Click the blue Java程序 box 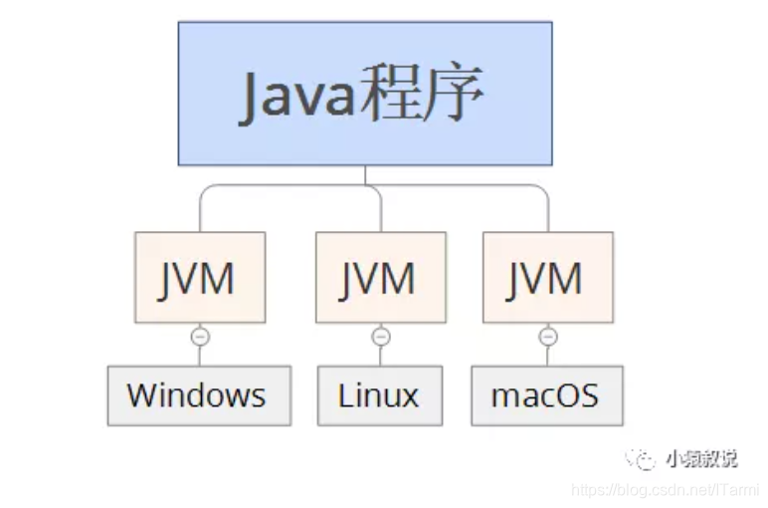point(365,93)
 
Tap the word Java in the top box point(296,96)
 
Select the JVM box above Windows point(200,277)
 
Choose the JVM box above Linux point(381,277)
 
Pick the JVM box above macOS point(547,277)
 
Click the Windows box point(199,395)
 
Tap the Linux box point(380,395)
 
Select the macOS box point(547,395)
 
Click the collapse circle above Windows point(200,337)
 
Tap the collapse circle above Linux point(381,337)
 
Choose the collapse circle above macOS point(547,337)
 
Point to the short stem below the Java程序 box point(365,174)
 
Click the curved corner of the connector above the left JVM point(204,188)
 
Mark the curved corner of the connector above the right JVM point(543,188)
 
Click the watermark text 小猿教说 point(701,458)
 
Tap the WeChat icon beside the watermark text point(642,458)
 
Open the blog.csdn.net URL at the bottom point(666,490)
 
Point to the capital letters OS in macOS point(576,395)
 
